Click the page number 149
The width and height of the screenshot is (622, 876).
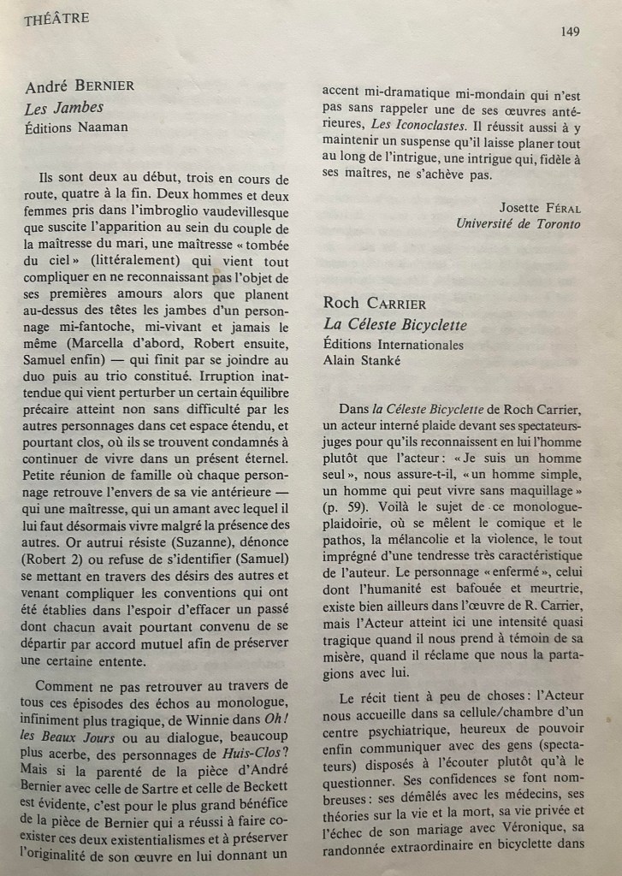[572, 32]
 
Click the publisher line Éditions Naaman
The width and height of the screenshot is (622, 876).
[77, 127]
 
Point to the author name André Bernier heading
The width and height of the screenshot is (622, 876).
[80, 86]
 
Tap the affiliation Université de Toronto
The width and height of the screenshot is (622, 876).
[518, 224]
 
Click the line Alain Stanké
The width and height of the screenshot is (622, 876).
[364, 360]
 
